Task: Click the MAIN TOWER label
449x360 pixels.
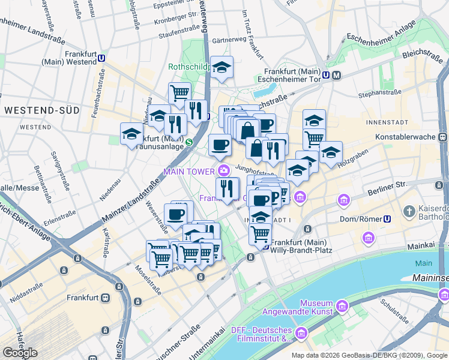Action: coord(189,172)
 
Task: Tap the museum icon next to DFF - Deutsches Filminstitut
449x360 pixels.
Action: coord(301,333)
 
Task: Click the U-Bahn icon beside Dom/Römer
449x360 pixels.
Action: coord(388,219)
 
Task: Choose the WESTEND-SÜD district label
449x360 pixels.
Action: coord(38,110)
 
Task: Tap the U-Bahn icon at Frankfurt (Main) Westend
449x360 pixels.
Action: coord(103,59)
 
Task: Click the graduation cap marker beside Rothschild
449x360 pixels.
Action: coord(222,68)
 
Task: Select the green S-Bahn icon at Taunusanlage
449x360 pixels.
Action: coord(189,142)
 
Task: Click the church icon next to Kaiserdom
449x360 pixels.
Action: coord(409,211)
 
